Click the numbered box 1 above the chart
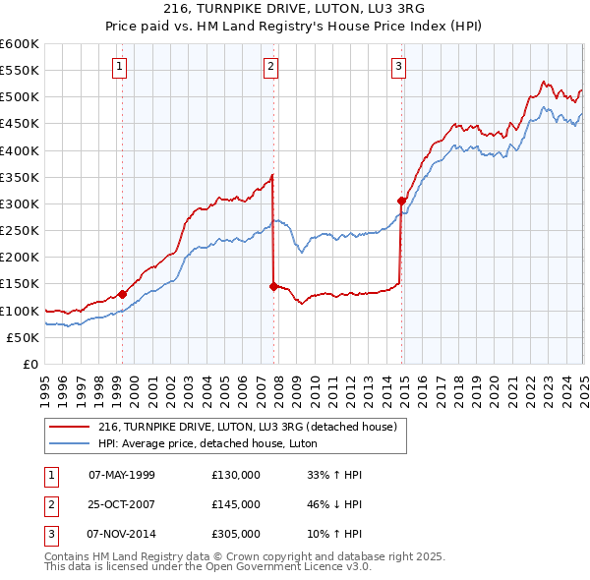pyautogui.click(x=119, y=67)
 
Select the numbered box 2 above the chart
pyautogui.click(x=270, y=67)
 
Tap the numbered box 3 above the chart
pyautogui.click(x=398, y=67)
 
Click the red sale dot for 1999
pyautogui.click(x=122, y=294)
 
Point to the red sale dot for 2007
pyautogui.click(x=273, y=286)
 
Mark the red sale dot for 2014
pyautogui.click(x=401, y=201)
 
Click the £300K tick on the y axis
pyautogui.click(x=20, y=203)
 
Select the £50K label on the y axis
pyautogui.click(x=23, y=337)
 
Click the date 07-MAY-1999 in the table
pyautogui.click(x=122, y=475)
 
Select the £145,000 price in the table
pyautogui.click(x=236, y=504)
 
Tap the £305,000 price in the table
pyautogui.click(x=236, y=535)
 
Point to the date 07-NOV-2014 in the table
pyautogui.click(x=122, y=535)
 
